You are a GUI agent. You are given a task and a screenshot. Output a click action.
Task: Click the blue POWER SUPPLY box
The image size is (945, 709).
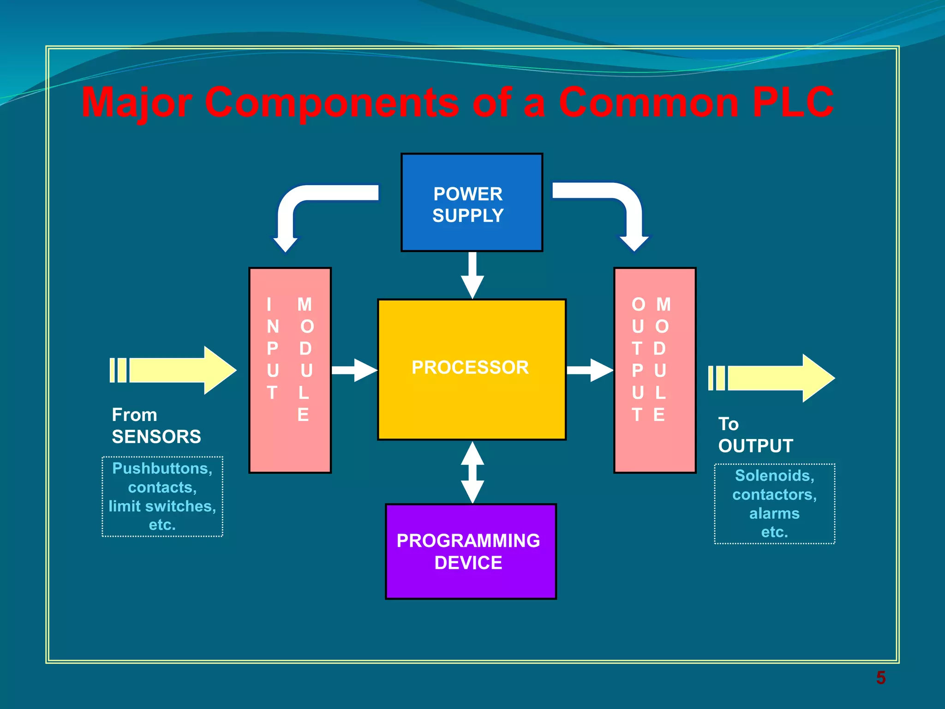pyautogui.click(x=472, y=203)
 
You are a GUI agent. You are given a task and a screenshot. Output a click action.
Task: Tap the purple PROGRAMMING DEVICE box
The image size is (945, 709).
pyautogui.click(x=471, y=552)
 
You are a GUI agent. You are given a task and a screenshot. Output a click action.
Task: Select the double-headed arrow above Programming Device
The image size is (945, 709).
pyautogui.click(x=472, y=472)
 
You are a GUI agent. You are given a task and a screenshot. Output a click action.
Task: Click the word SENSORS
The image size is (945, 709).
pyautogui.click(x=156, y=437)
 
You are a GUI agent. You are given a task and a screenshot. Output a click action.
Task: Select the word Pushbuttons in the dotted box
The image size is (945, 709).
pyautogui.click(x=161, y=468)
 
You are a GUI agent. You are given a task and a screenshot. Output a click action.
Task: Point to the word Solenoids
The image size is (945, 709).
pyautogui.click(x=774, y=475)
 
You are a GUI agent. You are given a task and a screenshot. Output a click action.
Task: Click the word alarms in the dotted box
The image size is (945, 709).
pyautogui.click(x=774, y=513)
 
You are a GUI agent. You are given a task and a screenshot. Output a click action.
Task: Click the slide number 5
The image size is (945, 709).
pyautogui.click(x=880, y=678)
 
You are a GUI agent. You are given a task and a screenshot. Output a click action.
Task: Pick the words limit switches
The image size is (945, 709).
pyautogui.click(x=162, y=506)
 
